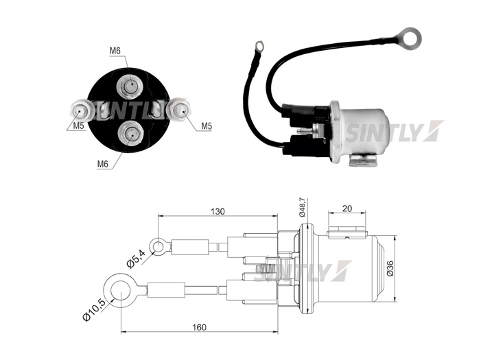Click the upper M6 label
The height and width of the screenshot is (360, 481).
pos(115,51)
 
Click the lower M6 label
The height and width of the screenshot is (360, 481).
pos(103,164)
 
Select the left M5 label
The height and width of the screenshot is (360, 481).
pos(78,125)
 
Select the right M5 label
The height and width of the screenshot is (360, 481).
pos(207,125)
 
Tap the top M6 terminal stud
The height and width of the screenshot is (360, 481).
pos(130,84)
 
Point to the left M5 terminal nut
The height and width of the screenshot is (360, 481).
pos(81,110)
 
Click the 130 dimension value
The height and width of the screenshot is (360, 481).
pos(218,212)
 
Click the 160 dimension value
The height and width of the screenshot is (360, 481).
pos(199,328)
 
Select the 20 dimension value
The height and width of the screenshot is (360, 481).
pos(347,208)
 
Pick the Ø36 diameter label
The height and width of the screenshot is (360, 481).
pos(390,268)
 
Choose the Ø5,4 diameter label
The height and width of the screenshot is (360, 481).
pos(136,259)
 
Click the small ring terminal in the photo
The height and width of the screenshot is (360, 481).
pos(259,47)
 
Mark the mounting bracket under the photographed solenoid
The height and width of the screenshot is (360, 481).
pos(364,161)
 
